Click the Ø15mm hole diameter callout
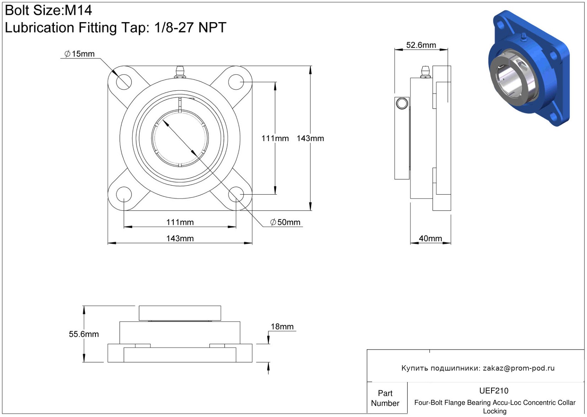(x=79, y=54)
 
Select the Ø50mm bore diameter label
(x=285, y=222)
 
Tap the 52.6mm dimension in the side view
(x=421, y=45)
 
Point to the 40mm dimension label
(x=430, y=238)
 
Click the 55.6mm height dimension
(x=84, y=334)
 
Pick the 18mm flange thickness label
(x=282, y=326)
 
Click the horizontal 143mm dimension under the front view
(x=180, y=238)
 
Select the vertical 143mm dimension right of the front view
(x=310, y=138)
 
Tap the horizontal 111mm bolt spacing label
(x=180, y=222)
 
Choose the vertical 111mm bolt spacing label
(x=275, y=138)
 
